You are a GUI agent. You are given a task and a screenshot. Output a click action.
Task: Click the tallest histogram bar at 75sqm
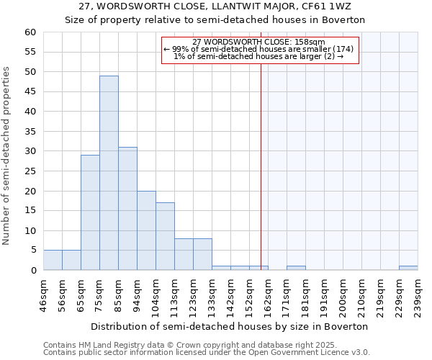pos(109,173)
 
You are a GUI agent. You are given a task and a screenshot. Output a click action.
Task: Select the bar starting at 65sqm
pos(90,212)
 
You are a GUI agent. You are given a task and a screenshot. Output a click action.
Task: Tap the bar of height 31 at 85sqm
pos(127,209)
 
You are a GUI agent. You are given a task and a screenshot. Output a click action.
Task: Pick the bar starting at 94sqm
pos(146,230)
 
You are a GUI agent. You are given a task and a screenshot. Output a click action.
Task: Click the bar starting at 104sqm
pos(165,236)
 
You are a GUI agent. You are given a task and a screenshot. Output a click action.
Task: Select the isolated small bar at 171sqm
pos(296,268)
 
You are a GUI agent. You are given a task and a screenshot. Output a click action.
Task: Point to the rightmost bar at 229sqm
pos(408,268)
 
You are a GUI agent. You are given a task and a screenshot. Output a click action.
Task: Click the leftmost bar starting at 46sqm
pos(53,260)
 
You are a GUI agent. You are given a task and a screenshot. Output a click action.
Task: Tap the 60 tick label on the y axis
pos(30,32)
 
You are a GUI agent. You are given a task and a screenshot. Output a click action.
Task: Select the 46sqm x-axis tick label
pos(43,295)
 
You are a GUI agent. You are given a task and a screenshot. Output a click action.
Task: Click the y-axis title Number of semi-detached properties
pos(7,156)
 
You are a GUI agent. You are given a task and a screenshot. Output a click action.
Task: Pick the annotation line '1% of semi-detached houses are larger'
pos(259,56)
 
